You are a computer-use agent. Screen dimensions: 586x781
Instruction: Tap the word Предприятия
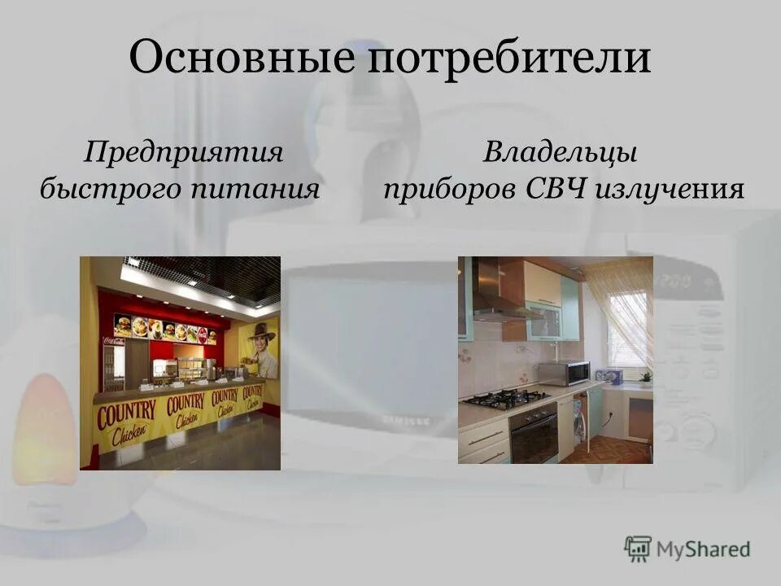click(185, 151)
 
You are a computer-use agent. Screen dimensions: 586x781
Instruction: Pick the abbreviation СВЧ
click(556, 190)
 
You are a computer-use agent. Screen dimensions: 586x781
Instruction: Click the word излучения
click(670, 190)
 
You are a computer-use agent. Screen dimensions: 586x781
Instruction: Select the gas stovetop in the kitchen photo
click(506, 399)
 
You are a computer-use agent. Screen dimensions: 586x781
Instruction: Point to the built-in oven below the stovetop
click(534, 434)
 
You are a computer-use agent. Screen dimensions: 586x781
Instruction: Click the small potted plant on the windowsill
click(646, 377)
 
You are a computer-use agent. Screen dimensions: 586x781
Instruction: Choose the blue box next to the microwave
click(609, 375)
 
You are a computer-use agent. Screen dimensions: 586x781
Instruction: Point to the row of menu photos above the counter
click(166, 329)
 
